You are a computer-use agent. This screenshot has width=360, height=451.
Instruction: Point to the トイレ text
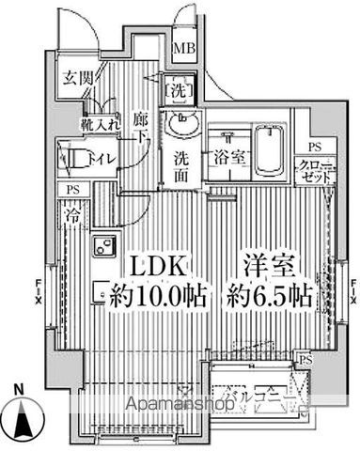(x=102, y=158)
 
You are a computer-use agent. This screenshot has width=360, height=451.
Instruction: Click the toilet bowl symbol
(x=71, y=156)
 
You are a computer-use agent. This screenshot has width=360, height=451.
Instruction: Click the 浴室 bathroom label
(x=230, y=158)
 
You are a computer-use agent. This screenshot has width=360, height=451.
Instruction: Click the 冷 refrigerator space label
(x=73, y=214)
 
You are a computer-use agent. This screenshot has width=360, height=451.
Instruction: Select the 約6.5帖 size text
(x=268, y=295)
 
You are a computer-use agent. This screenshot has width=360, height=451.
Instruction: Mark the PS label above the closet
(x=314, y=147)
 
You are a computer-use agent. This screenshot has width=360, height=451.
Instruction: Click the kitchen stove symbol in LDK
(x=101, y=248)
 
